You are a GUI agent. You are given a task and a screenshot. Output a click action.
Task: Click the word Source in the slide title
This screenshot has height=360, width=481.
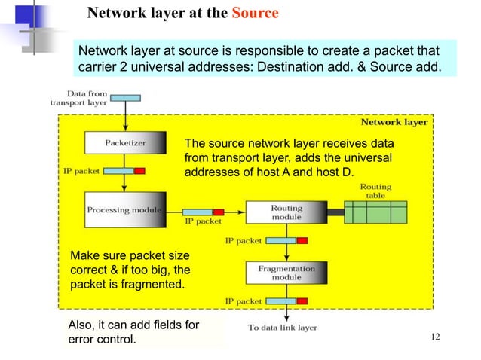(255, 14)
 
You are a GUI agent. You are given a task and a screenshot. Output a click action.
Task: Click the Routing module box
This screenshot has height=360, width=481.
(286, 211)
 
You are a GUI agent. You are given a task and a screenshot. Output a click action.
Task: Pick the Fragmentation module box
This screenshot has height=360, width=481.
(286, 272)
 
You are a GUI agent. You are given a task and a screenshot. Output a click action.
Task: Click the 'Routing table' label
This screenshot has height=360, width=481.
(375, 191)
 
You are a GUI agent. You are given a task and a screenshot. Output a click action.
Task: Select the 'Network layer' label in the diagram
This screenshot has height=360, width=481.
(394, 122)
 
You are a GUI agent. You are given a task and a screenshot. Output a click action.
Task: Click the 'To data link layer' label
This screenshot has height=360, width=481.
(282, 327)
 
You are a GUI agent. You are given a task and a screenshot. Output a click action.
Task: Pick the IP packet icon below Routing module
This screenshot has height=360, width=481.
(286, 241)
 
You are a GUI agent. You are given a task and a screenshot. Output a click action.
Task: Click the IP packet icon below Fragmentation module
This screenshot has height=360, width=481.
(286, 301)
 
